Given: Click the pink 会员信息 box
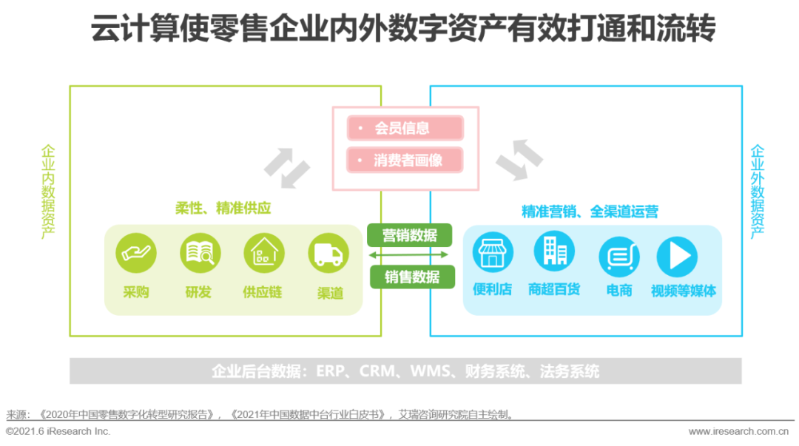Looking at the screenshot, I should click(x=405, y=128).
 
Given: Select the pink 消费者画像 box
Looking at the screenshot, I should click(x=405, y=160).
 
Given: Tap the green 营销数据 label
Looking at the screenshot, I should click(x=410, y=235).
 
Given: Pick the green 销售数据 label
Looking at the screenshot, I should click(x=412, y=277).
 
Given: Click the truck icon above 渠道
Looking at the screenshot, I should click(x=328, y=254).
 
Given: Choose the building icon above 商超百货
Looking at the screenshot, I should click(x=554, y=251).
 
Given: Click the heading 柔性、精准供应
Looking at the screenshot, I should click(x=223, y=209).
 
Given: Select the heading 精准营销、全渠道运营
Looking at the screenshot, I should click(x=590, y=212).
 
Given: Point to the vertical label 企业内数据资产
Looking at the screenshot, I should click(x=48, y=192).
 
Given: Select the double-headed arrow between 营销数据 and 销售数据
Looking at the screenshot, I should click(x=410, y=255).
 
